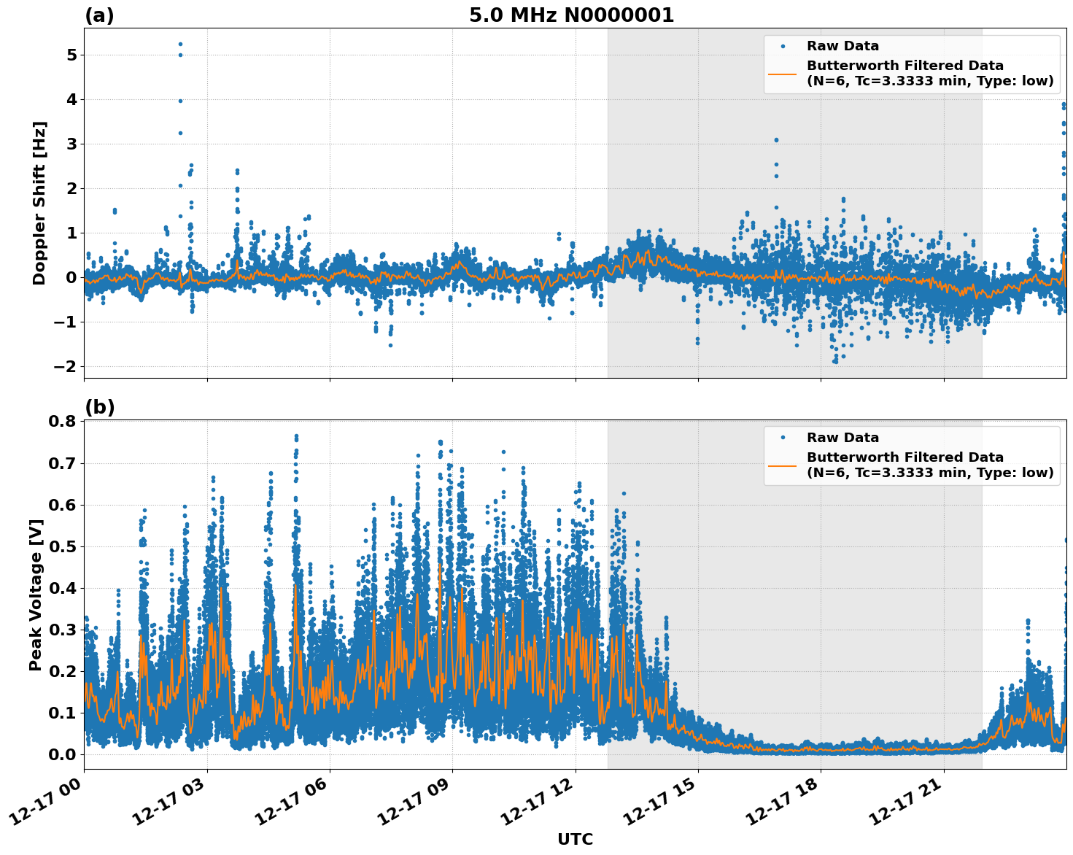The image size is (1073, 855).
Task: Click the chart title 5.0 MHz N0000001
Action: pyautogui.click(x=571, y=15)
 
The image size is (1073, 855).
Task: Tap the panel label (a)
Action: pyautogui.click(x=99, y=15)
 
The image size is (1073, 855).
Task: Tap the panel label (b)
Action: pyautogui.click(x=99, y=407)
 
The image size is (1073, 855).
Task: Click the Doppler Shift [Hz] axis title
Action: pyautogui.click(x=39, y=203)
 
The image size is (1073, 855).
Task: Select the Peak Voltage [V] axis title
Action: pyautogui.click(x=36, y=595)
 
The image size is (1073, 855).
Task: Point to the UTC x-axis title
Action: pyautogui.click(x=575, y=839)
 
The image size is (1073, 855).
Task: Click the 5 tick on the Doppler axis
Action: pyautogui.click(x=71, y=55)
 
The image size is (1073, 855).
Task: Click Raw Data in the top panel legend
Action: pyautogui.click(x=842, y=46)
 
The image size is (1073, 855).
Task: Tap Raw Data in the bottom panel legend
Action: pyautogui.click(x=842, y=438)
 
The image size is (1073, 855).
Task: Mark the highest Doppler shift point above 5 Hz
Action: pyautogui.click(x=180, y=44)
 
